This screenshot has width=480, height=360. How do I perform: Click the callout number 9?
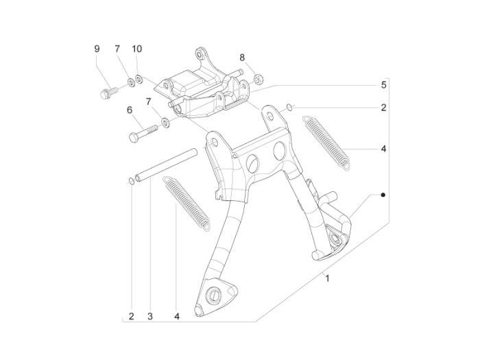(x=97, y=49)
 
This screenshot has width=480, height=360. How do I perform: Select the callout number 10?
(x=137, y=49)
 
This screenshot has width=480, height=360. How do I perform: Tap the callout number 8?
(x=242, y=56)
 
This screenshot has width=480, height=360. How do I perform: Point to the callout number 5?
(x=384, y=85)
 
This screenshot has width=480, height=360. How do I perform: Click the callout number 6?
(x=129, y=110)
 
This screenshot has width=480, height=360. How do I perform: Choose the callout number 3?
(x=149, y=317)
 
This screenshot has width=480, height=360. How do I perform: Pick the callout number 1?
(x=328, y=278)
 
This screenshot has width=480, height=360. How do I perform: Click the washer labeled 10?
(x=139, y=80)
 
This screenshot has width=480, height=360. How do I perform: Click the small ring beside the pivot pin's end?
(x=130, y=180)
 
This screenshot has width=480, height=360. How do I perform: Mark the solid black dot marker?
(x=383, y=195)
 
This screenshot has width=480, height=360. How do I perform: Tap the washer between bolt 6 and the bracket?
(x=165, y=124)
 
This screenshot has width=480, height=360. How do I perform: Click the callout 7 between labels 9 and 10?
(x=117, y=49)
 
